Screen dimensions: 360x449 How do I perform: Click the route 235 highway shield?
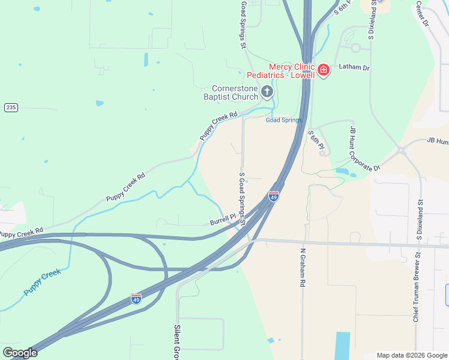pyautogui.click(x=10, y=107)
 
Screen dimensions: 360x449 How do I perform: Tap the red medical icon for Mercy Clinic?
pyautogui.click(x=324, y=71)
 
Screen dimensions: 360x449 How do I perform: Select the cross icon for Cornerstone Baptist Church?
pyautogui.click(x=267, y=92)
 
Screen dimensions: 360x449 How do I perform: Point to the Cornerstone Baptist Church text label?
pyautogui.click(x=231, y=92)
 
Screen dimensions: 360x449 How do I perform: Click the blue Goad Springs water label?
pyautogui.click(x=284, y=120)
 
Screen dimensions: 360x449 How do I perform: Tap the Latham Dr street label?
pyautogui.click(x=354, y=68)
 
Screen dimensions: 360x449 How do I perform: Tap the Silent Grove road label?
pyautogui.click(x=178, y=343)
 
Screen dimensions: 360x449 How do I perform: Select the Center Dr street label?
pyautogui.click(x=422, y=13)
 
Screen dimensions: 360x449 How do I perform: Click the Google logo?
pyautogui.click(x=20, y=353)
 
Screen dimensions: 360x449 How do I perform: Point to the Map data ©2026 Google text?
pyautogui.click(x=411, y=355)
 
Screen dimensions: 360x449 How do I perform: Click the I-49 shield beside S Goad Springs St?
pyautogui.click(x=273, y=197)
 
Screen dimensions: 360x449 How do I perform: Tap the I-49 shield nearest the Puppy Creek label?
pyautogui.click(x=136, y=298)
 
